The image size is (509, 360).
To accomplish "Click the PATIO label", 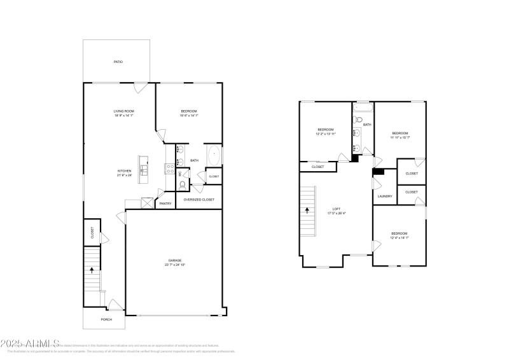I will click(x=118, y=62).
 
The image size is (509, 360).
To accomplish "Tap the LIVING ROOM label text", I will click(x=124, y=111).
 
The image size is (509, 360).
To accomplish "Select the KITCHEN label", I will click(x=124, y=170).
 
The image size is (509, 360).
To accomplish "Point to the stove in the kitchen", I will click(x=170, y=169).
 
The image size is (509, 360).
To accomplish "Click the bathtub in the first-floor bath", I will click(x=214, y=155).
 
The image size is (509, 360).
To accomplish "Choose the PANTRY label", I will click(x=165, y=204).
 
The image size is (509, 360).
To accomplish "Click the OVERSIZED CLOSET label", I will click(x=199, y=200).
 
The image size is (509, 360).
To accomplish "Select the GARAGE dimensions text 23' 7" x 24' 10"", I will click(x=175, y=265).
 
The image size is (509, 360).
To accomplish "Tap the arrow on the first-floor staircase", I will click(x=93, y=270).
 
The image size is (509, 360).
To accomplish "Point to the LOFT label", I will click(x=337, y=209).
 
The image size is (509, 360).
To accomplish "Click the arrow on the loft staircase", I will click(x=308, y=209).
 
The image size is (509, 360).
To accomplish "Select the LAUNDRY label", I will click(x=385, y=196).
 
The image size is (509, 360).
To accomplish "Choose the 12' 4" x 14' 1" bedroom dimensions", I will click(x=399, y=238).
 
